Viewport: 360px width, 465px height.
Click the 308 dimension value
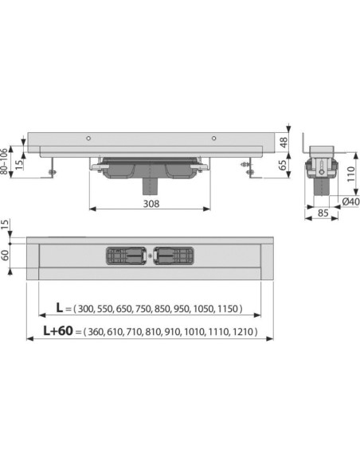(151, 204)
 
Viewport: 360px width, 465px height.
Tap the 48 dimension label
(284, 143)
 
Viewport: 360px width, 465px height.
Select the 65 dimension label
(284, 165)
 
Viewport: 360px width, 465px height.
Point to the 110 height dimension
(350, 174)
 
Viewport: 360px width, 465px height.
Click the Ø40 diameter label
(350, 201)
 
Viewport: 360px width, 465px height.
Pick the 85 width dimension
(323, 213)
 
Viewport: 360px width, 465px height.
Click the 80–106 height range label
(4, 162)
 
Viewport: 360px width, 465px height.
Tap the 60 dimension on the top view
(5, 255)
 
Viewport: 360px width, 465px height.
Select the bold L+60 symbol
(58, 330)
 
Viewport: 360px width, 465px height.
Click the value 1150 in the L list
(228, 309)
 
